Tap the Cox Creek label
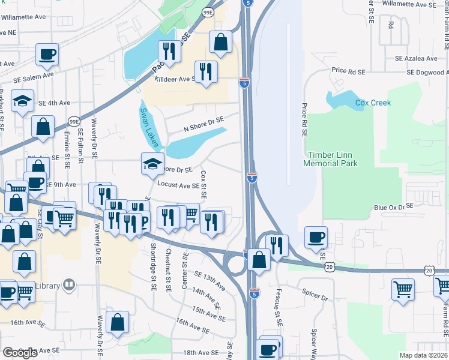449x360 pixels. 373,103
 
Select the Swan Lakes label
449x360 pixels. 148,128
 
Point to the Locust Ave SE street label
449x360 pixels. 178,185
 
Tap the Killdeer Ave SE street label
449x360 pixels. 176,79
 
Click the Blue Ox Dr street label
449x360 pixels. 389,208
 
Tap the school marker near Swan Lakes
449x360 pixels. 152,163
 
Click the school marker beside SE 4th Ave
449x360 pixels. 22,101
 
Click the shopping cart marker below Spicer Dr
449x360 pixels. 403,289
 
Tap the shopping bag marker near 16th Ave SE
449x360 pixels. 116,322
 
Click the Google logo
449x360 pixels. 20,353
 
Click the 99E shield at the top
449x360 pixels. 208,12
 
